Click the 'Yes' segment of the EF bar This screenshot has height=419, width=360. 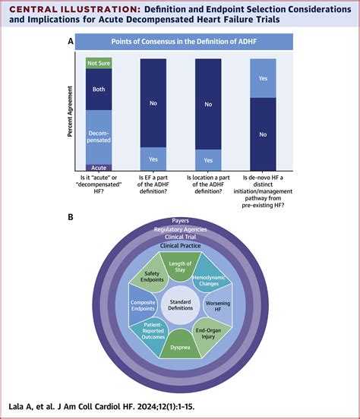click(x=154, y=159)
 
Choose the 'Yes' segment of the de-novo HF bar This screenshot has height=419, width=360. click(x=263, y=78)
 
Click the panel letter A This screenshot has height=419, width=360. click(x=70, y=43)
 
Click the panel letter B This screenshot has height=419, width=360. click(x=70, y=217)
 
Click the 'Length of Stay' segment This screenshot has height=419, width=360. click(x=180, y=253)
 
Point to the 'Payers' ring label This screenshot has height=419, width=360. click(x=180, y=220)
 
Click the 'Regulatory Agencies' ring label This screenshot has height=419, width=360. click(x=180, y=228)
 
